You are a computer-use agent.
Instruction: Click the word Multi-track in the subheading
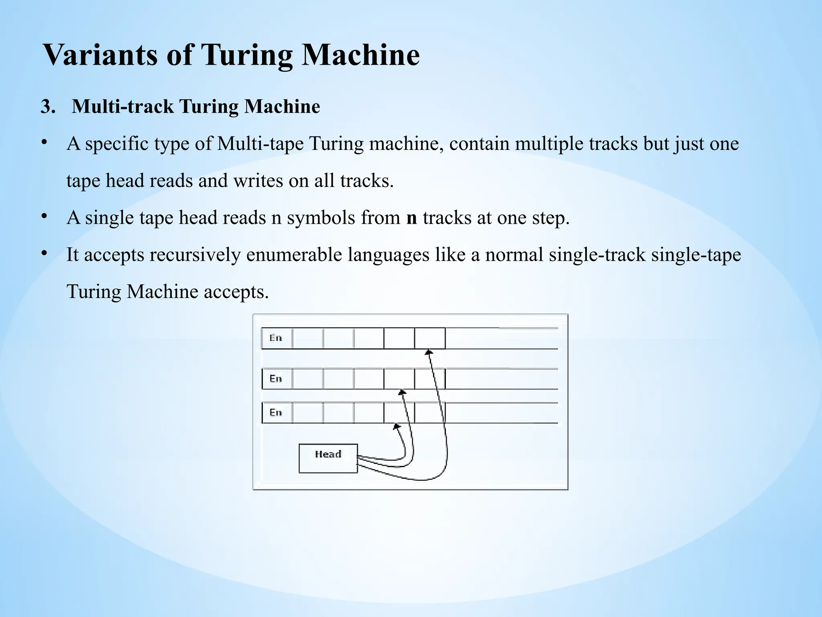(123, 107)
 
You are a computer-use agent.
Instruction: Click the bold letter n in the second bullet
(411, 218)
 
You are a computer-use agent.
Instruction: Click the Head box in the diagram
(328, 458)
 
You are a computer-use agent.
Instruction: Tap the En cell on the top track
(277, 338)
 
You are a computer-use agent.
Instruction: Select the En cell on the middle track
(277, 379)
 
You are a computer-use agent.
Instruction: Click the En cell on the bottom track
(277, 413)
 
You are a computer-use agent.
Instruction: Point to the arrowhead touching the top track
(429, 352)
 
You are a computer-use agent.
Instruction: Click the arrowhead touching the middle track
(402, 392)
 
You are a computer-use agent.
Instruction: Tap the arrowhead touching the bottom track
(397, 426)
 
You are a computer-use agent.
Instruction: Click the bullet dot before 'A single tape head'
(45, 217)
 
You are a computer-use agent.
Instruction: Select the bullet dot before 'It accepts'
(45, 253)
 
